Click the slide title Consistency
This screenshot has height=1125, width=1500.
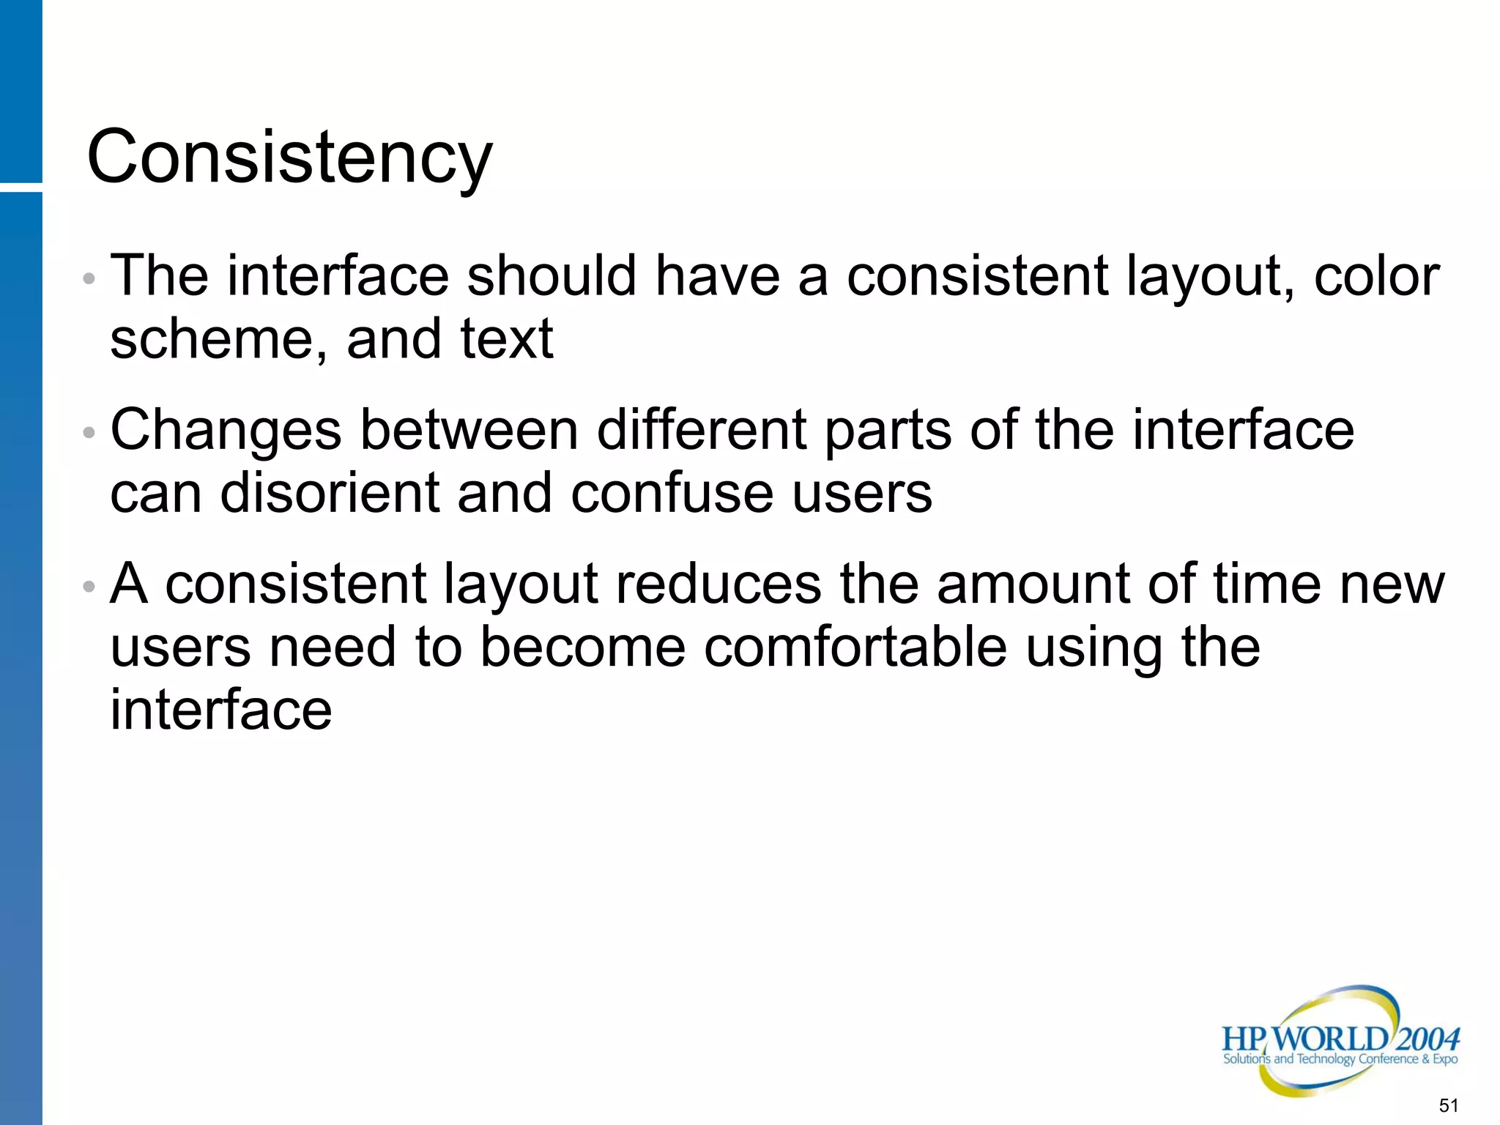(x=289, y=157)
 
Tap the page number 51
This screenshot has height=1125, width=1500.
(x=1448, y=1105)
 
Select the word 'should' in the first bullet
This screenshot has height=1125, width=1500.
(x=552, y=276)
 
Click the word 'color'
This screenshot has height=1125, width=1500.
(x=1376, y=276)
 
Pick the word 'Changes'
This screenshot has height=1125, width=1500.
(x=226, y=431)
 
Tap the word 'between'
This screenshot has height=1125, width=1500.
(x=469, y=430)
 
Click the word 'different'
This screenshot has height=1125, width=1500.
(x=701, y=430)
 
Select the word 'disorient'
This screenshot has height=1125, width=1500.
(x=329, y=493)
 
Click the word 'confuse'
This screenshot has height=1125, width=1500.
(x=671, y=493)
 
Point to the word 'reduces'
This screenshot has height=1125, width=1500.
(x=718, y=584)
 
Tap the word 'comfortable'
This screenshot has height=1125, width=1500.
(x=855, y=647)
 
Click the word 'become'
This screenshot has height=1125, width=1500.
(x=583, y=647)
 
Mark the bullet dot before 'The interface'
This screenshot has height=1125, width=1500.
(x=89, y=278)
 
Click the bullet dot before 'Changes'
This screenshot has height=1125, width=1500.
(x=89, y=432)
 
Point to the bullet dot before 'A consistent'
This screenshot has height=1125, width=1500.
(x=89, y=586)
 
